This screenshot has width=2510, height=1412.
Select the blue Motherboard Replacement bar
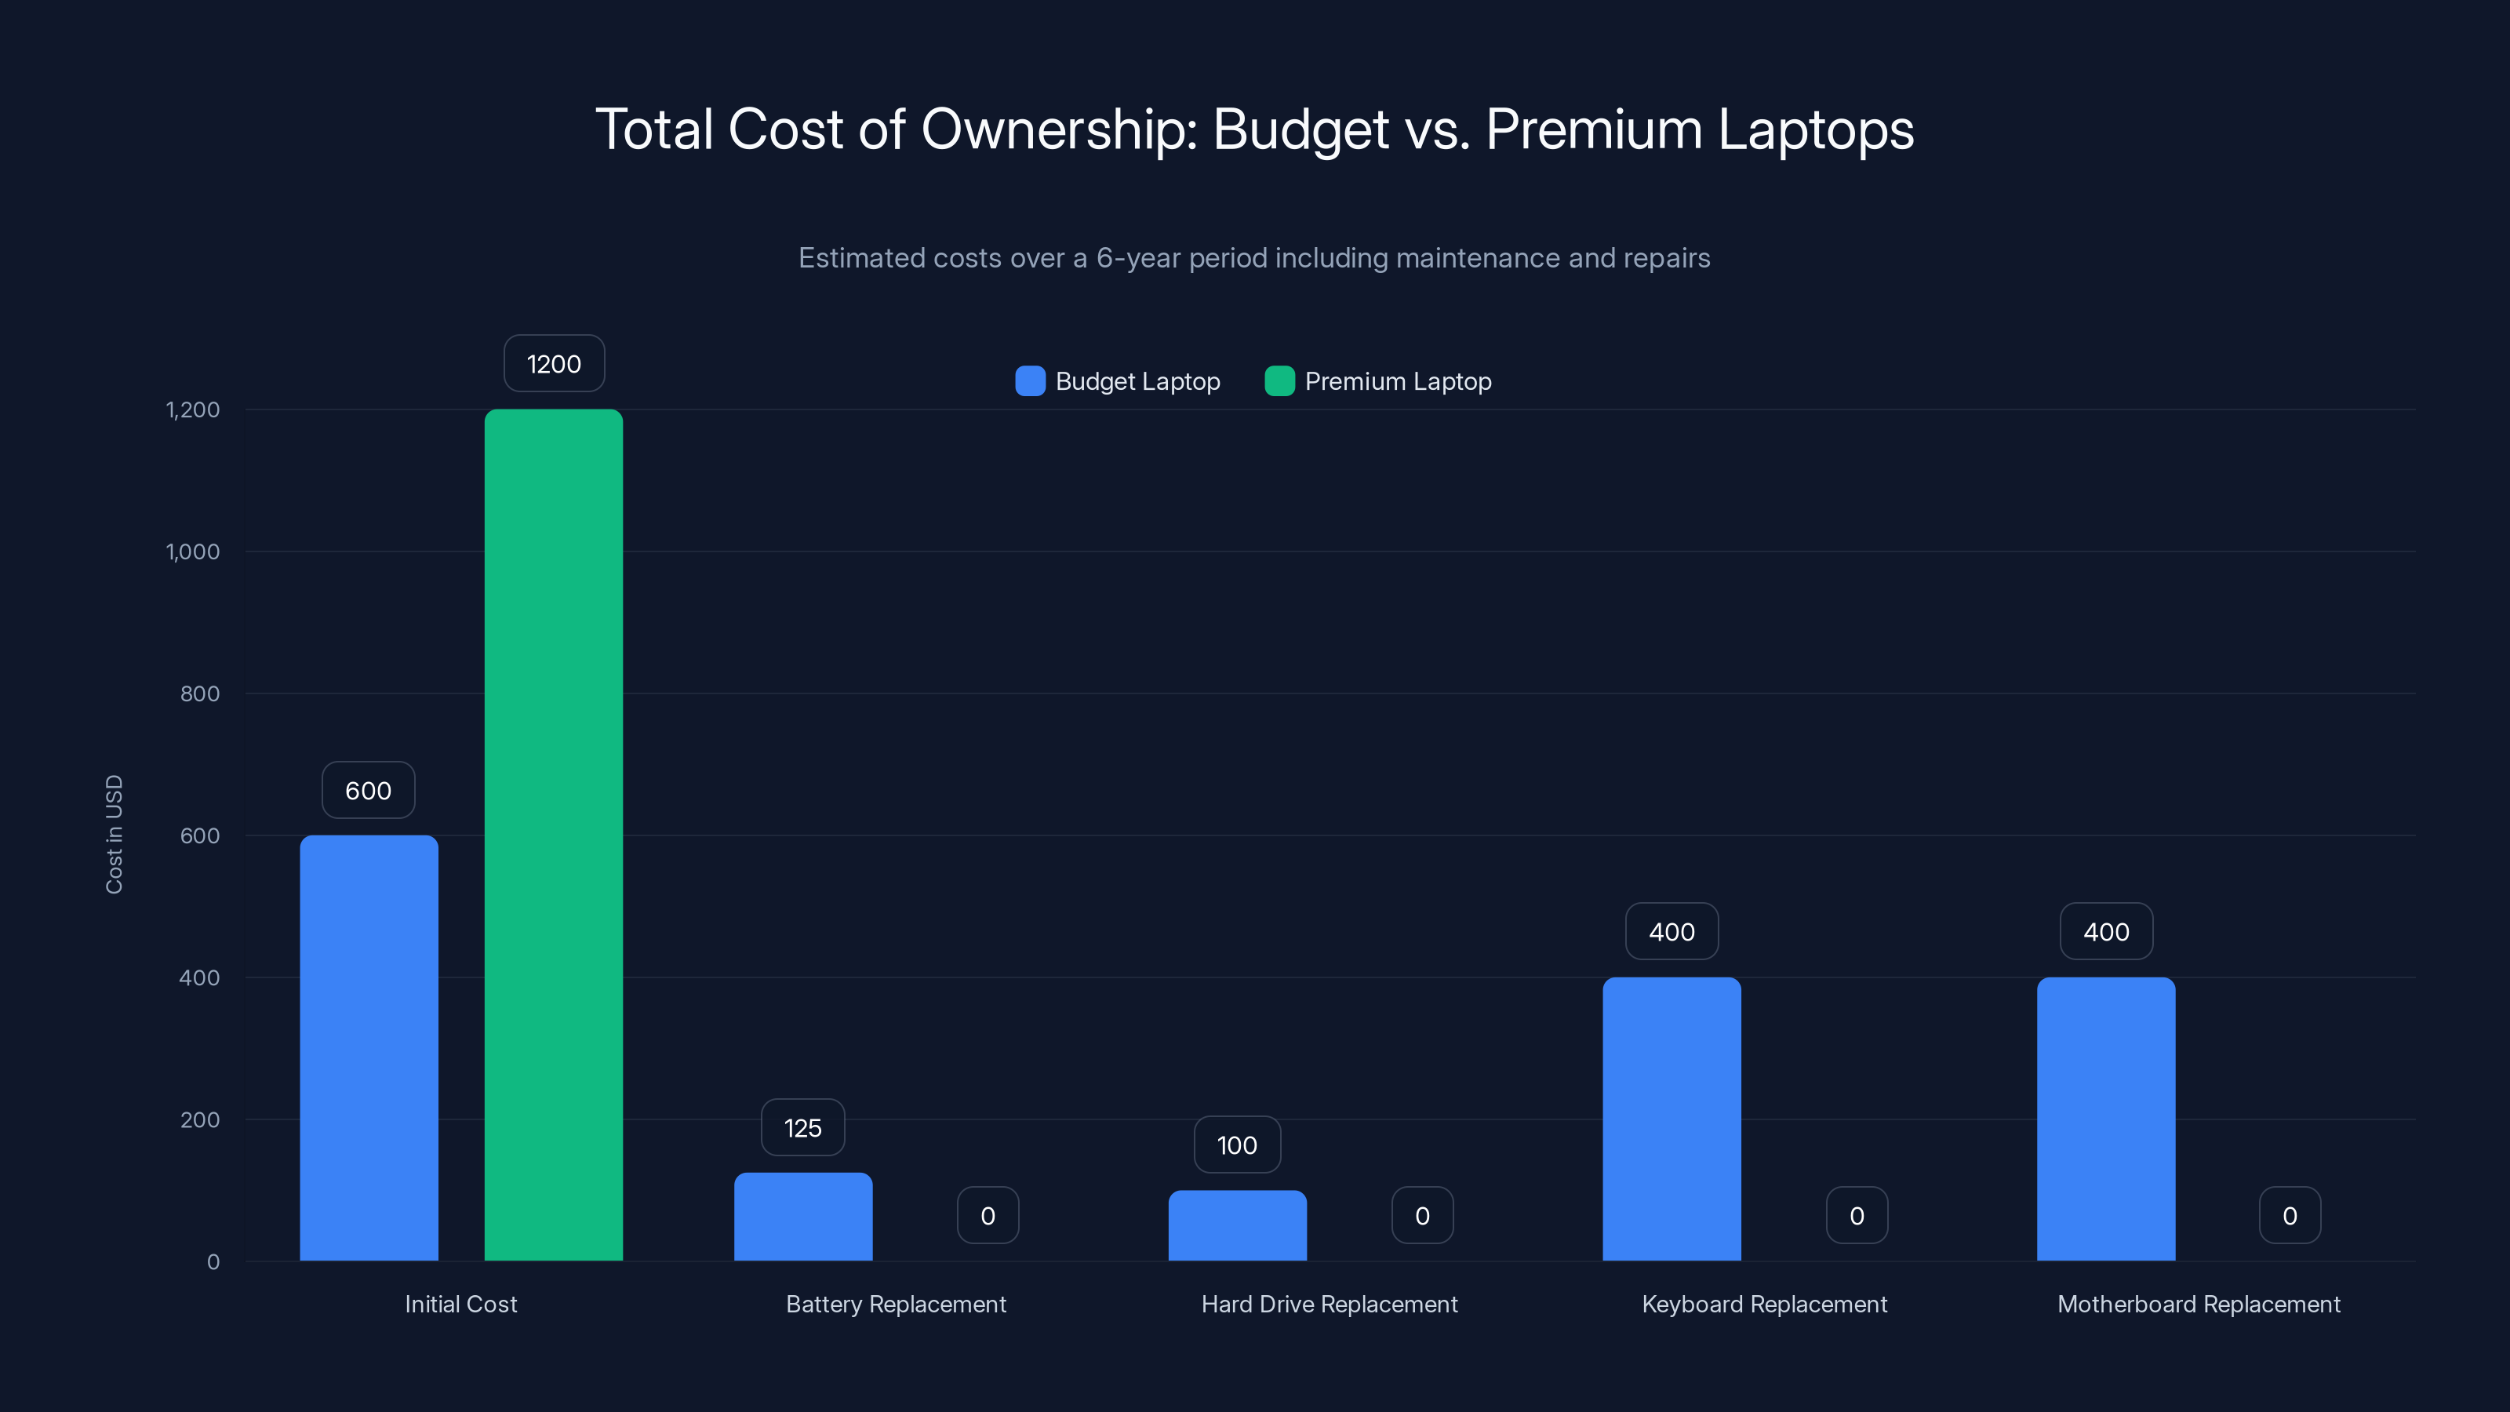[x=2105, y=1119]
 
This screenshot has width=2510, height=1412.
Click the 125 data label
[x=803, y=1129]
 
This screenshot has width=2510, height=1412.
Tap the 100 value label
[x=1238, y=1145]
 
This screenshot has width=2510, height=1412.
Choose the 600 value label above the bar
[x=369, y=790]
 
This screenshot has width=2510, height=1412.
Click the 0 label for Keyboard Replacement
[x=1856, y=1216]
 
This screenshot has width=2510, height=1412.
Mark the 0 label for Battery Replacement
[x=988, y=1216]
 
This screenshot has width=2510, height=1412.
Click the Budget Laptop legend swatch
[x=1030, y=381]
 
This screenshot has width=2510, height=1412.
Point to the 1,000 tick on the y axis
[x=193, y=551]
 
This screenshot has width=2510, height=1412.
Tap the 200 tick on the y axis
[x=200, y=1119]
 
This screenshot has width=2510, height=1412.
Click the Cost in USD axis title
[x=114, y=834]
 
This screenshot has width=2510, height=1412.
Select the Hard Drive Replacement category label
[x=1329, y=1304]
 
